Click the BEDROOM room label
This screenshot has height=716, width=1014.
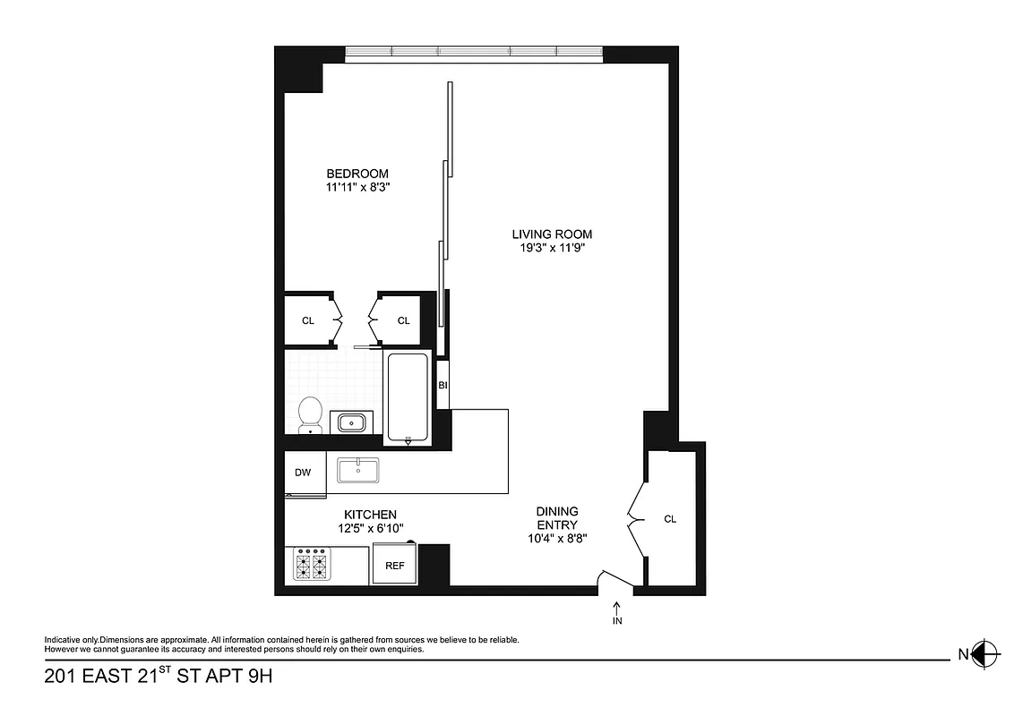coord(357,174)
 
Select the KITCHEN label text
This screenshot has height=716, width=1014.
coord(370,515)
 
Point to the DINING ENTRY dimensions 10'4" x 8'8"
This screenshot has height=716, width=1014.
coord(557,538)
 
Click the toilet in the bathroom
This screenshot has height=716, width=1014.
coord(310,413)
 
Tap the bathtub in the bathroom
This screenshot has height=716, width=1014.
coord(408,397)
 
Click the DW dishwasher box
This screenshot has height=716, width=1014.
coord(304,473)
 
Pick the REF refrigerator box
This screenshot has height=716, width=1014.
coord(395,566)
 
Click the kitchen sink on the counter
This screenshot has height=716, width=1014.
coord(358,469)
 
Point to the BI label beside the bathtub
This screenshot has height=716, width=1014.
coord(443,385)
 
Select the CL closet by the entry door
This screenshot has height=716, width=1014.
coord(670,519)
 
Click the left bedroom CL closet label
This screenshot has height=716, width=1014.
coord(308,320)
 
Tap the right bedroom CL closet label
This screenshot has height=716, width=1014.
coord(403,320)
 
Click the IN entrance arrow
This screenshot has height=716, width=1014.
coord(617,613)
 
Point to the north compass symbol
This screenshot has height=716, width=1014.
coord(984,653)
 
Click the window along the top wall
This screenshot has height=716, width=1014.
coord(474,52)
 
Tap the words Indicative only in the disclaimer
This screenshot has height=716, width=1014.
coord(72,640)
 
